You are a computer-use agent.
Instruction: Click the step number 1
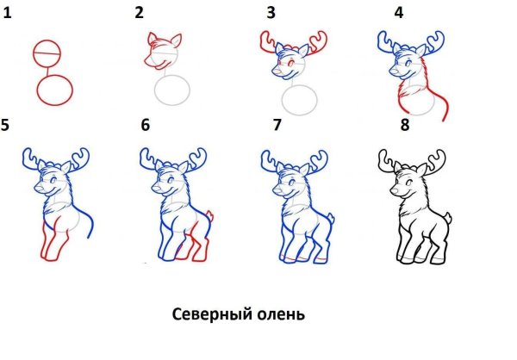7,13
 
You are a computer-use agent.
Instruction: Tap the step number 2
139,13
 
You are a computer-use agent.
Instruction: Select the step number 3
271,13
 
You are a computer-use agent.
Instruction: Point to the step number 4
398,13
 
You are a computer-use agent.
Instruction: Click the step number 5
7,126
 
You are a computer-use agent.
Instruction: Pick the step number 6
145,126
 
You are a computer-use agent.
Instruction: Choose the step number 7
277,126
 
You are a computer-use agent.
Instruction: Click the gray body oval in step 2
173,90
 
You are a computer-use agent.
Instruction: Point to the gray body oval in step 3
302,99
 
